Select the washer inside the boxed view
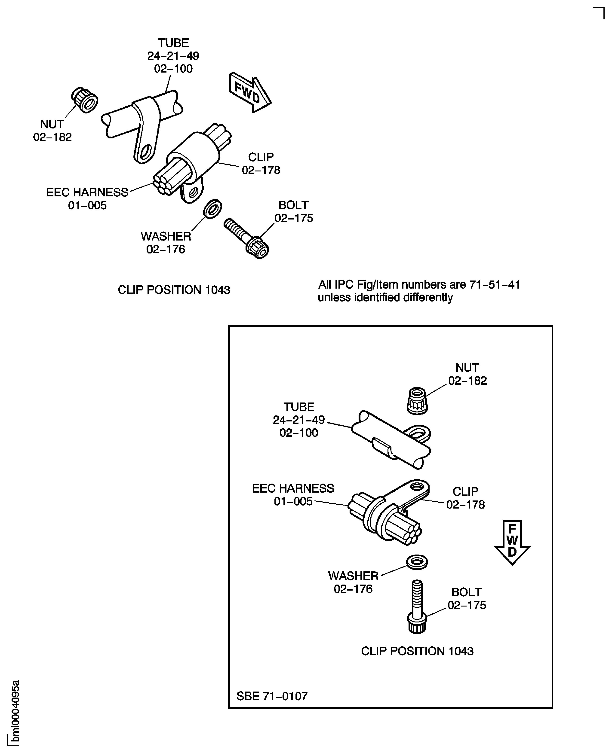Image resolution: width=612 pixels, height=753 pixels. pyautogui.click(x=417, y=562)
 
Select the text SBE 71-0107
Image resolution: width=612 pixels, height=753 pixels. pyautogui.click(x=272, y=696)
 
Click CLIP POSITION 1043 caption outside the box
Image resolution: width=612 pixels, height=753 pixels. pyautogui.click(x=174, y=290)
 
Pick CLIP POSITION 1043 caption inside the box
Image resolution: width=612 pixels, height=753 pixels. pyautogui.click(x=417, y=651)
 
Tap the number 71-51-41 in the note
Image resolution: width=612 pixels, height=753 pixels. pyautogui.click(x=494, y=284)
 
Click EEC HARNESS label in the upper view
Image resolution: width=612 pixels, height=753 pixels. pyautogui.click(x=87, y=192)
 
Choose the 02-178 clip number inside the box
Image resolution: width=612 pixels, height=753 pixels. pyautogui.click(x=465, y=505)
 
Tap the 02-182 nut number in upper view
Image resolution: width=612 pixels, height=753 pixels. pyautogui.click(x=52, y=137)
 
